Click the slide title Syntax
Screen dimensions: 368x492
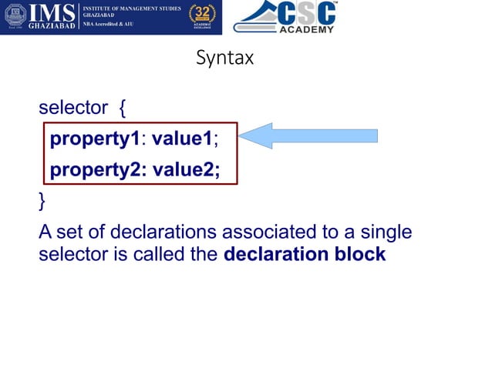tap(224, 58)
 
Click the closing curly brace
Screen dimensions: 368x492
tap(42, 201)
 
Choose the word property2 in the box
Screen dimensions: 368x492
tap(96, 170)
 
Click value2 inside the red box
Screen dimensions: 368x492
tap(185, 170)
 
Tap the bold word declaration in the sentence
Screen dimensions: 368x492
tap(275, 255)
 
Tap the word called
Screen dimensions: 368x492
tap(160, 255)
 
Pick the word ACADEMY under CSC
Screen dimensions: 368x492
tap(306, 29)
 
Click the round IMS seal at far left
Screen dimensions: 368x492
tap(15, 17)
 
